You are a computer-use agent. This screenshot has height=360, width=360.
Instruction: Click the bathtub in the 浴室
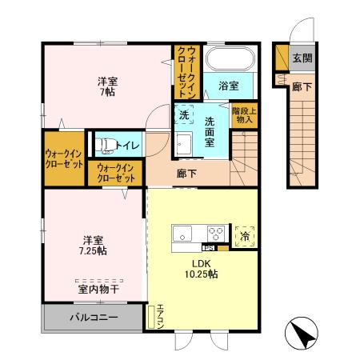pyautogui.click(x=230, y=60)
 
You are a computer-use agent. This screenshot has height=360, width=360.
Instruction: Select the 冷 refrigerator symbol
pyautogui.click(x=244, y=234)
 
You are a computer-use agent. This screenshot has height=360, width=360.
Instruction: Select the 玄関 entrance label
pyautogui.click(x=302, y=57)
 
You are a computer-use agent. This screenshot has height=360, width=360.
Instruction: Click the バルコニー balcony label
pyautogui.click(x=94, y=318)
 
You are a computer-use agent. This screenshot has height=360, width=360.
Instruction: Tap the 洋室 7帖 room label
pyautogui.click(x=108, y=86)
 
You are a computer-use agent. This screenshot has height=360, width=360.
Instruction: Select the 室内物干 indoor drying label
pyautogui.click(x=99, y=290)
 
